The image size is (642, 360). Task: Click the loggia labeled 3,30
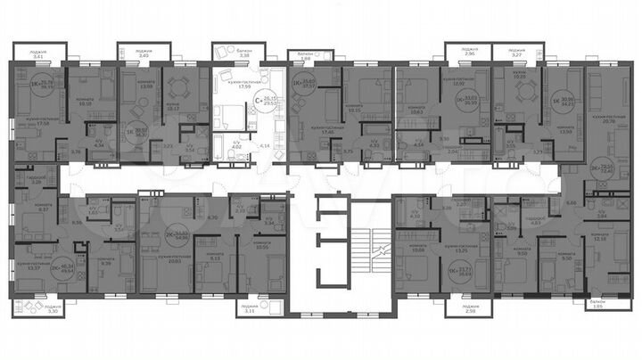coord(29,308)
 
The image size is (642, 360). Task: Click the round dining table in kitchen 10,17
coord(176,88)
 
